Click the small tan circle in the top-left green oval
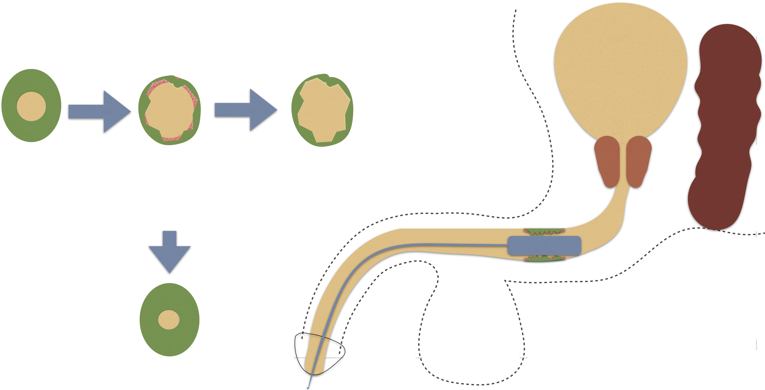(x=31, y=106)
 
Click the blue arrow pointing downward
(x=170, y=252)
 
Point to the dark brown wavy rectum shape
(x=725, y=128)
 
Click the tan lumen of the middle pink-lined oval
(x=169, y=110)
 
